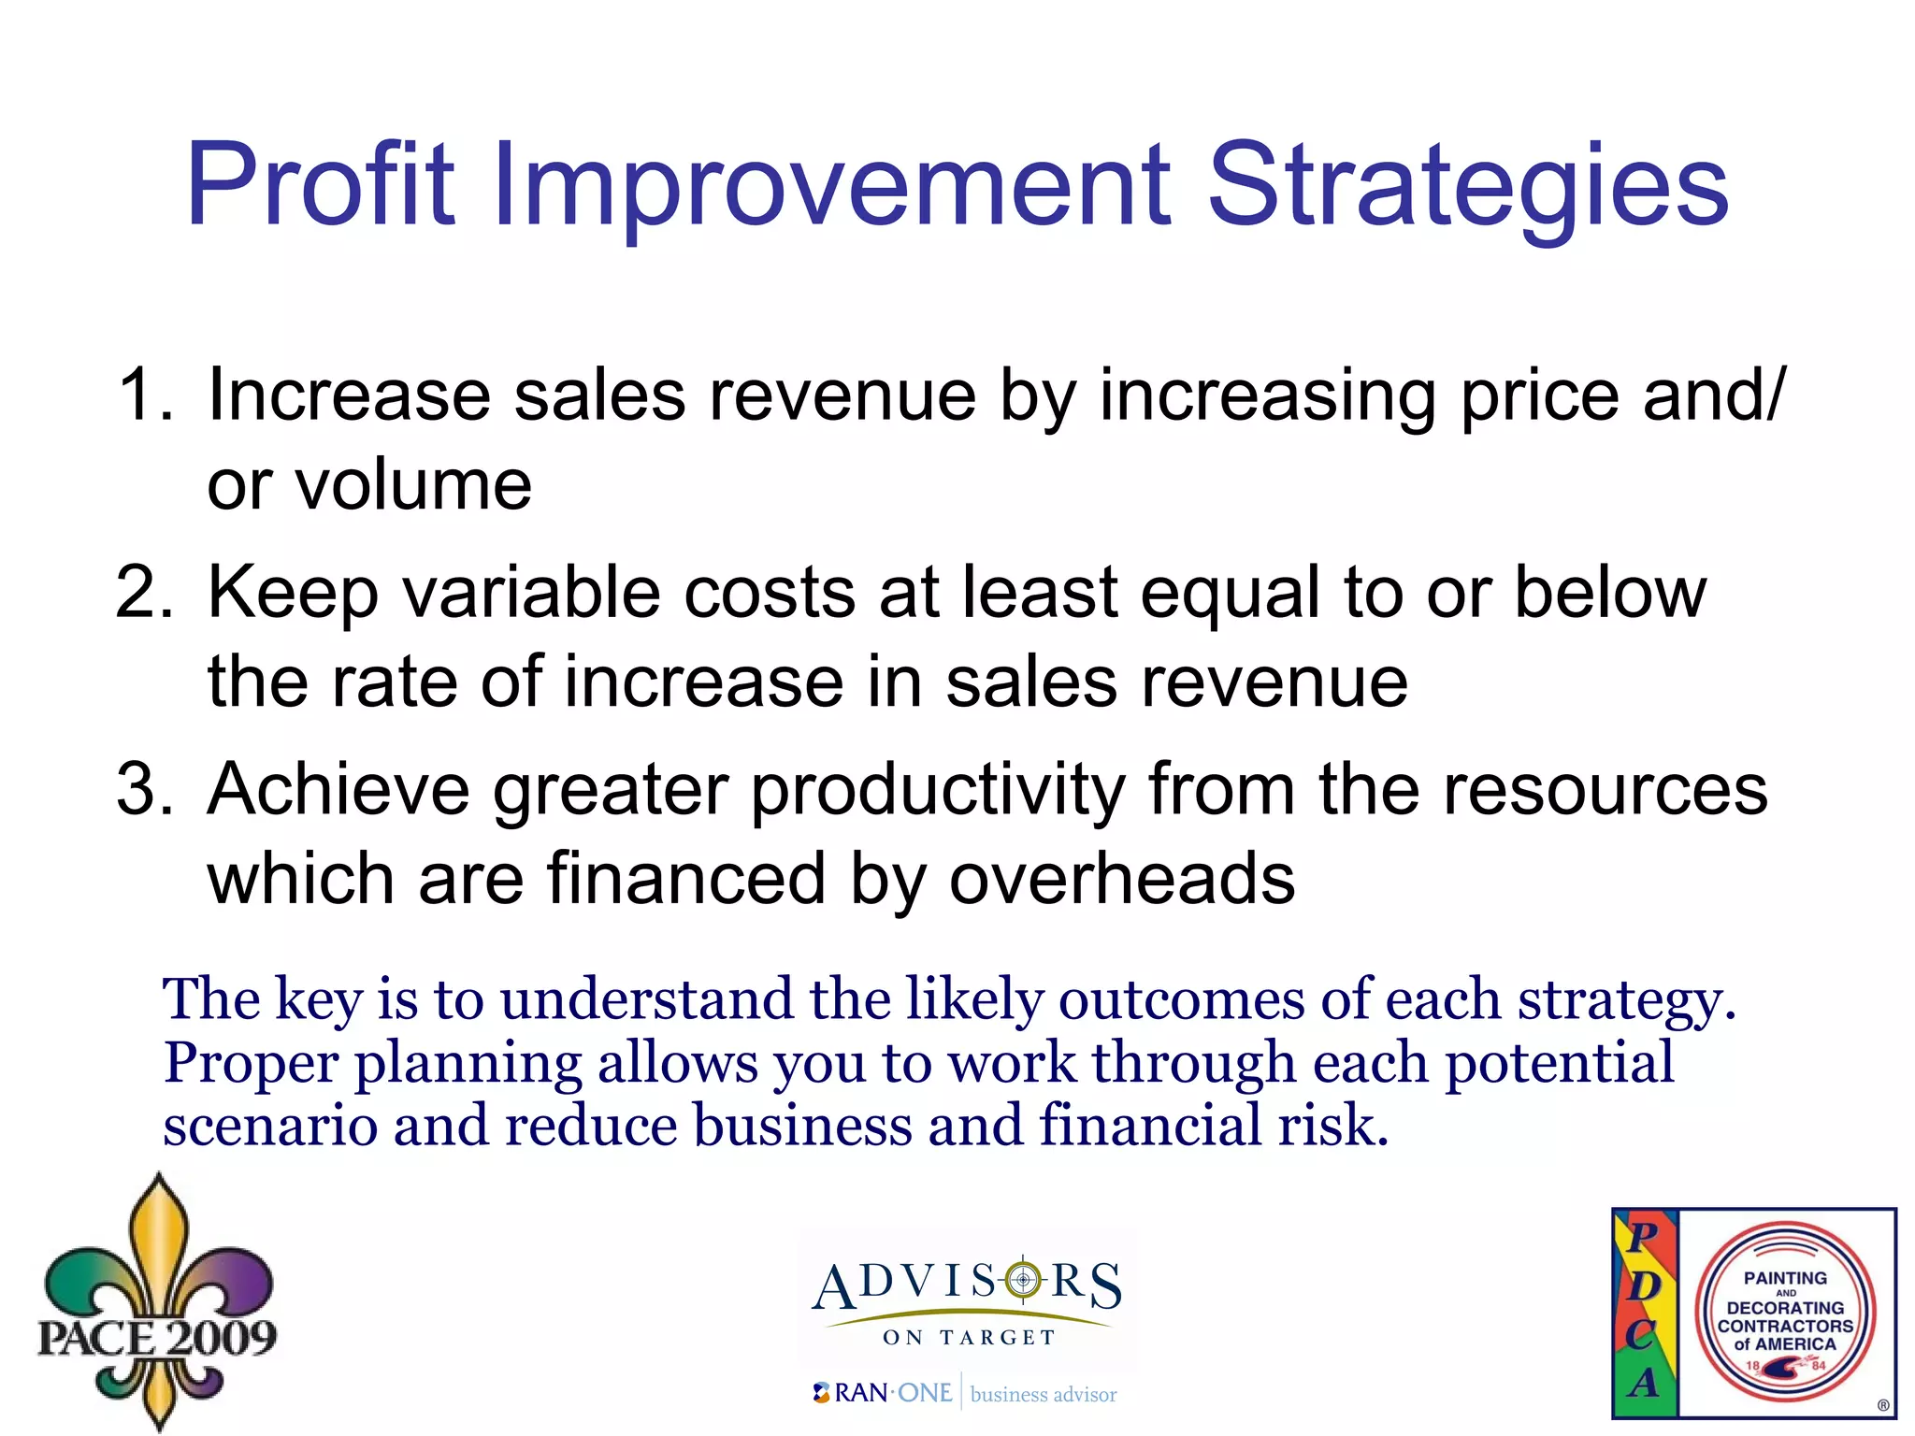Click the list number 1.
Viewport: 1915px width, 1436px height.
(x=145, y=395)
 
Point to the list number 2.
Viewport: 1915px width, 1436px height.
(x=145, y=593)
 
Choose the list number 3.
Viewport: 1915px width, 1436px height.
(x=145, y=790)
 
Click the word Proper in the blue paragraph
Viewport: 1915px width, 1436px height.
(x=251, y=1063)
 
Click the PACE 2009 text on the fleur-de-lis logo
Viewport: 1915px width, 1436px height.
(x=157, y=1338)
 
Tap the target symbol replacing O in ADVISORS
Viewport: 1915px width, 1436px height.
(x=1024, y=1279)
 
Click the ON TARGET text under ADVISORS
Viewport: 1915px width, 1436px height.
(x=969, y=1338)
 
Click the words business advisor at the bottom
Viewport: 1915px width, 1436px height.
(x=1044, y=1395)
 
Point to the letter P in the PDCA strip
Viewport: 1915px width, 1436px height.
(x=1643, y=1236)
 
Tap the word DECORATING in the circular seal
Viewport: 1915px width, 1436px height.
(x=1784, y=1308)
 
